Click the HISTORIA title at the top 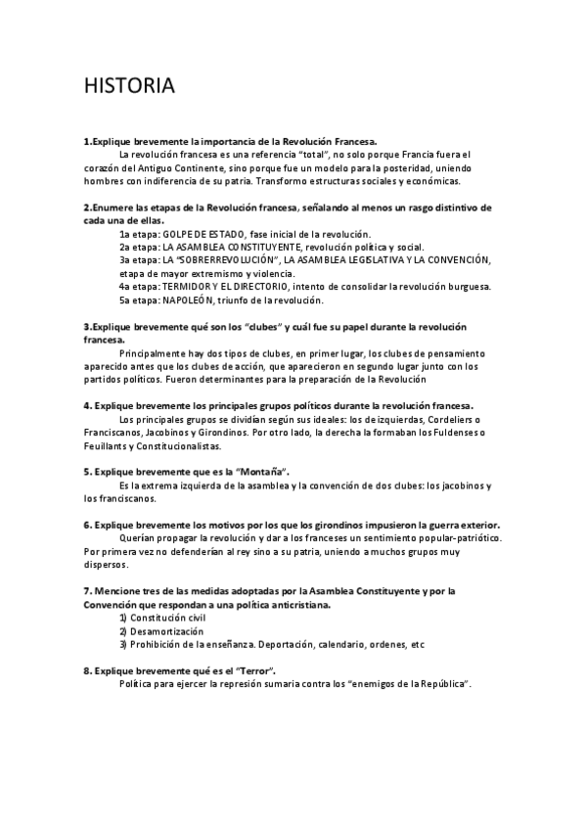pos(130,87)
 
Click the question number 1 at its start pos(87,141)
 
